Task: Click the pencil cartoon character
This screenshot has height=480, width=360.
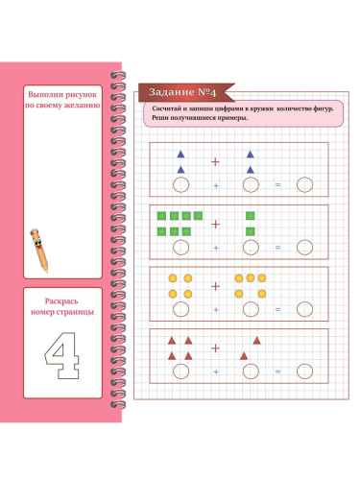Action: click(x=39, y=251)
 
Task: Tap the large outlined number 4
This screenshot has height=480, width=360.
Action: click(x=62, y=356)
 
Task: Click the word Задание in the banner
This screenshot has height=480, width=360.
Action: click(x=172, y=92)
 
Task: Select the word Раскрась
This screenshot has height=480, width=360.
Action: click(x=61, y=301)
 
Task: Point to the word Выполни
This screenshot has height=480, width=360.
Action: click(x=46, y=94)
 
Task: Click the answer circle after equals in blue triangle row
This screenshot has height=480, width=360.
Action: click(x=304, y=185)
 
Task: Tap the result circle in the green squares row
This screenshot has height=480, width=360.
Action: click(x=304, y=248)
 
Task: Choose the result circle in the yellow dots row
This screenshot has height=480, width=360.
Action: click(x=304, y=309)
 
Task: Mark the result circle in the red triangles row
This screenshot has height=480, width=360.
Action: click(x=304, y=372)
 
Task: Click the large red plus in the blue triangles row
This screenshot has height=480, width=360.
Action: click(x=215, y=162)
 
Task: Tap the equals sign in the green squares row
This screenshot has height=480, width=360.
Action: click(x=277, y=248)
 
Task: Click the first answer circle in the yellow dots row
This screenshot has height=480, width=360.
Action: click(x=180, y=309)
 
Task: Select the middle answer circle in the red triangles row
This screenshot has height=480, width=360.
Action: click(x=251, y=372)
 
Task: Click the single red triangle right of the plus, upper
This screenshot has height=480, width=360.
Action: click(x=256, y=341)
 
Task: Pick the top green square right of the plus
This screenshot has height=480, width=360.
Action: click(x=251, y=216)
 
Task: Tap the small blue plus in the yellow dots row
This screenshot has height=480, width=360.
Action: click(x=216, y=310)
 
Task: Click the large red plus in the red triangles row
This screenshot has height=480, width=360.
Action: click(x=215, y=348)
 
